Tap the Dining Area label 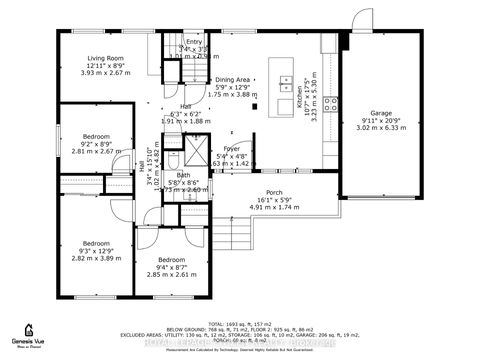point(232,79)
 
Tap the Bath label point(183,175)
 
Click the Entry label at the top point(207,42)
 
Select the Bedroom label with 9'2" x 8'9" point(96,135)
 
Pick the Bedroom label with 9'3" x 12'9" point(96,243)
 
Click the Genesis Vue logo point(30,333)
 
